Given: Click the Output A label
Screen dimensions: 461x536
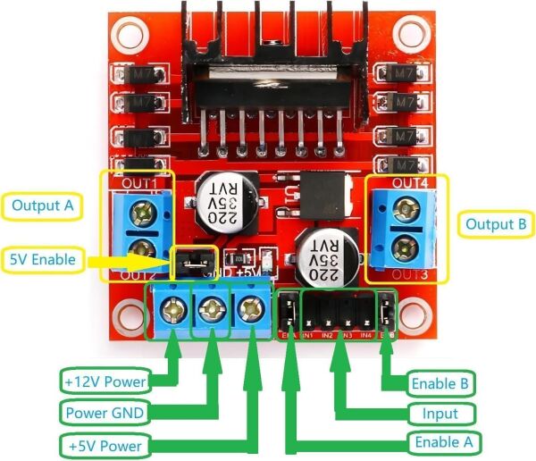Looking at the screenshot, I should pyautogui.click(x=42, y=206).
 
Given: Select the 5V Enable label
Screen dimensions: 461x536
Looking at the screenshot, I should pyautogui.click(x=43, y=261).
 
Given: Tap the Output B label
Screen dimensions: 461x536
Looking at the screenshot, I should pyautogui.click(x=495, y=223).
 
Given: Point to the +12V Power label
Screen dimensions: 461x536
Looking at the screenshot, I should pyautogui.click(x=105, y=382).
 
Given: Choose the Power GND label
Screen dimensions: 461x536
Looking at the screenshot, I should pyautogui.click(x=105, y=413).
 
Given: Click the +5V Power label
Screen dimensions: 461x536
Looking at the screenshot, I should pyautogui.click(x=105, y=444).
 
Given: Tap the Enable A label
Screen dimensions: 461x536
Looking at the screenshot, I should pyautogui.click(x=445, y=442).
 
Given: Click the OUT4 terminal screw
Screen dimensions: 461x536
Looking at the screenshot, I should pyautogui.click(x=408, y=211).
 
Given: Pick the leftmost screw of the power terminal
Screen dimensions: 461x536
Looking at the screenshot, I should pyautogui.click(x=172, y=311).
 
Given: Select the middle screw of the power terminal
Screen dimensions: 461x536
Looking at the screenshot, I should pyautogui.click(x=212, y=310).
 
